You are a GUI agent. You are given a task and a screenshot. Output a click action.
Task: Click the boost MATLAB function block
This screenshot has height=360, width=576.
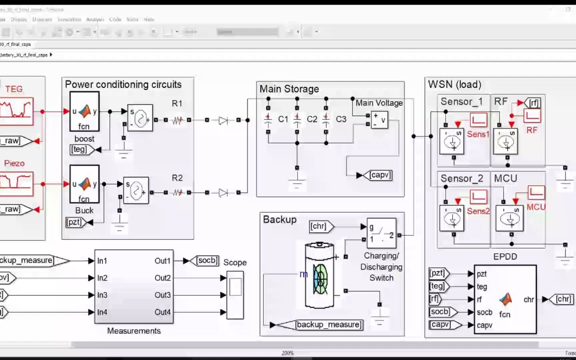click(x=84, y=111)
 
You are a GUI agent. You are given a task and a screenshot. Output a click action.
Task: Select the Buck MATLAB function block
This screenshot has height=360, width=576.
click(x=84, y=184)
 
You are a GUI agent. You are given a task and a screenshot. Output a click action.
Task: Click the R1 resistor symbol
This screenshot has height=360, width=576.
click(x=177, y=120)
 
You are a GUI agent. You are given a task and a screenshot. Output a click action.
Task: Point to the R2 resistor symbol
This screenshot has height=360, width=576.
click(x=177, y=193)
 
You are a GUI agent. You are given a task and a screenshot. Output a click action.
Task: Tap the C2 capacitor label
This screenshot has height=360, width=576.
click(x=312, y=119)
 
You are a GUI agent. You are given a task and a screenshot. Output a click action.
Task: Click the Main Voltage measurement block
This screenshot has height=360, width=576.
click(x=379, y=120)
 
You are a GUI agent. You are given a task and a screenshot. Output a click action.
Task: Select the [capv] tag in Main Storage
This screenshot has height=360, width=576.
click(x=380, y=175)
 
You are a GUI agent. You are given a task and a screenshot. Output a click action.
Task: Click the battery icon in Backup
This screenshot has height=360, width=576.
click(x=319, y=275)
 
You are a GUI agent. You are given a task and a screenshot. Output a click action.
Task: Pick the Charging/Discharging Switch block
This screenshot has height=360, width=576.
click(x=381, y=233)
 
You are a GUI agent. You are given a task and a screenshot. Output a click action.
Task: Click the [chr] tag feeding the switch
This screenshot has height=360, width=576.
click(x=318, y=226)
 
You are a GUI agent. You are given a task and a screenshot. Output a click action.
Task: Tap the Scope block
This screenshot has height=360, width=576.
click(x=235, y=295)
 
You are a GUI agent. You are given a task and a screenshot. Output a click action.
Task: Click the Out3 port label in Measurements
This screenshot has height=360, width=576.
click(x=162, y=295)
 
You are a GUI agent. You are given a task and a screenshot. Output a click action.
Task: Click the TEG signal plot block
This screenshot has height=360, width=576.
click(x=16, y=111)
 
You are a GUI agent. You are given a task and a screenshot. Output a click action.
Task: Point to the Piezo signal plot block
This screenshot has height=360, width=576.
click(x=16, y=184)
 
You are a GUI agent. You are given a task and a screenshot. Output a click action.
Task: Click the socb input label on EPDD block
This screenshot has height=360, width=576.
click(x=484, y=312)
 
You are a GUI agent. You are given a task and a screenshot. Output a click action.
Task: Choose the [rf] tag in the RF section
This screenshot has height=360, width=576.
click(x=534, y=103)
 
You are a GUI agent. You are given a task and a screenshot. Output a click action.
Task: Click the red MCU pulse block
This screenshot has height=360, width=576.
click(x=536, y=192)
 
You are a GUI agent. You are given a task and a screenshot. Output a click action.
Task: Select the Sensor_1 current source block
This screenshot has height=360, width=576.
click(x=452, y=142)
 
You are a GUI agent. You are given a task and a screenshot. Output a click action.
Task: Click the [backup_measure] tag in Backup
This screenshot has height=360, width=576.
click(x=328, y=325)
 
